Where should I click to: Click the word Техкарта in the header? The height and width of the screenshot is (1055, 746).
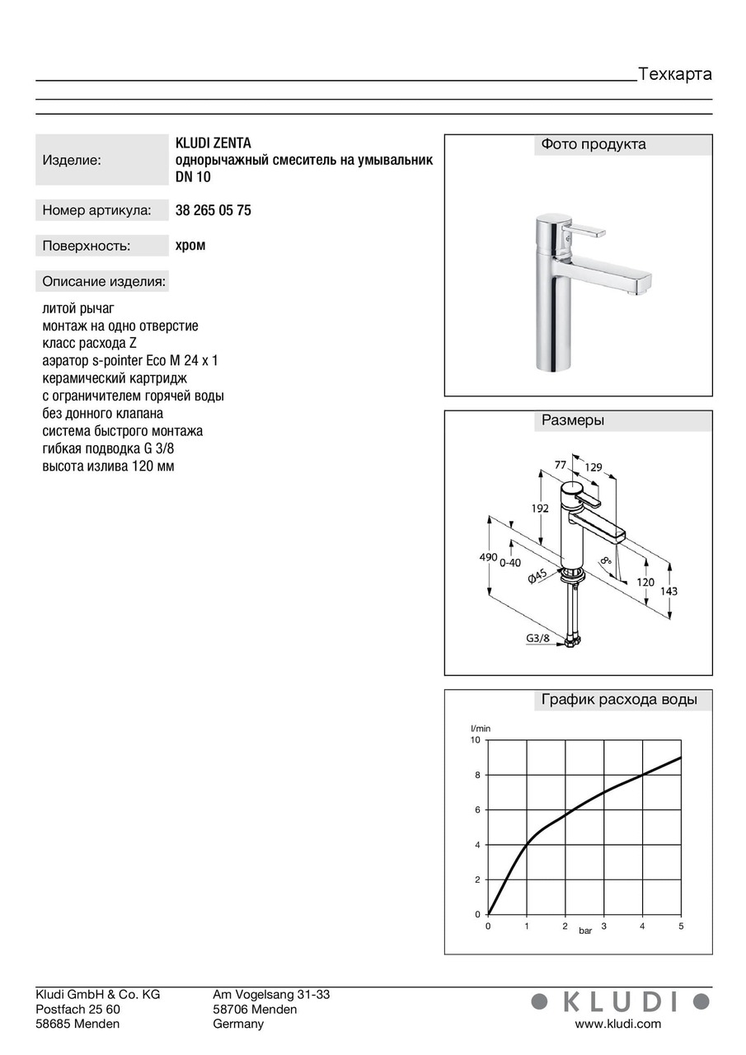675,74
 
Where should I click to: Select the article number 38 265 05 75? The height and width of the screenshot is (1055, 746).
213,210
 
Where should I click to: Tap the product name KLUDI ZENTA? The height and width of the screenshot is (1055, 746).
213,143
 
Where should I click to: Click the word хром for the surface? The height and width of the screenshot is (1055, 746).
190,245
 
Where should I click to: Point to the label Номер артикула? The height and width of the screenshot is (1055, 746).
96,210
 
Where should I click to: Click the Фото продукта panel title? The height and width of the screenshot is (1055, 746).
594,144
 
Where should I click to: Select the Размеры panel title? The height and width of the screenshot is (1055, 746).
573,420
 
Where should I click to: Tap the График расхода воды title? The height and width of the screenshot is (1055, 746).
619,700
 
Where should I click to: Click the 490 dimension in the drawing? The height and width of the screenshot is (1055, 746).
488,558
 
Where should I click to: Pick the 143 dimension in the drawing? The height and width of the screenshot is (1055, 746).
669,591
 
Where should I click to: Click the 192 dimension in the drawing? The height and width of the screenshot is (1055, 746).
539,509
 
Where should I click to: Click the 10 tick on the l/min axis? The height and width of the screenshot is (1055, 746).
475,740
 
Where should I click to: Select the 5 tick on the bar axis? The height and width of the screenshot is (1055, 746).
681,926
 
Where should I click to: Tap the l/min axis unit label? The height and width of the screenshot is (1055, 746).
480,728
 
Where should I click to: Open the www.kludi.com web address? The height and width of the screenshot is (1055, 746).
617,1024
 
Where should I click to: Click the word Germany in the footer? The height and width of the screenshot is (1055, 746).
238,1024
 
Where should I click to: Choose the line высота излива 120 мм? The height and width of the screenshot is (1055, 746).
108,467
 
